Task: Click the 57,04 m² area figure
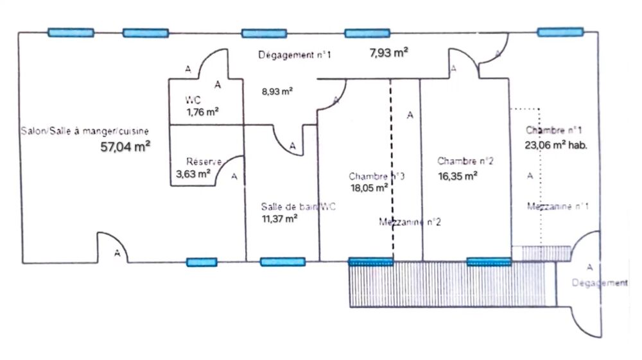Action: pos(125,146)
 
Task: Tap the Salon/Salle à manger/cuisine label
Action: pos(84,131)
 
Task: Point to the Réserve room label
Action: pos(204,162)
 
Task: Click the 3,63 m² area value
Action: pos(194,173)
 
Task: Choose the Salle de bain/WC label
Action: pos(299,207)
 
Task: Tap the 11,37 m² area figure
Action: pos(279,219)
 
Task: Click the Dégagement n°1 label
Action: pos(295,55)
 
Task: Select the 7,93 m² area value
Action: pos(389,53)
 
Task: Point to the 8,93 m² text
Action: pos(277,92)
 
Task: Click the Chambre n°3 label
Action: pos(377,176)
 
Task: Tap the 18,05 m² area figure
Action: pos(368,188)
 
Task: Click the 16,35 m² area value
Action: pos(457,175)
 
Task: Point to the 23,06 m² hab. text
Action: pos(556,145)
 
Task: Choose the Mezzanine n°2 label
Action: pos(410,223)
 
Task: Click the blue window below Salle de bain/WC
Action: pos(282,262)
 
